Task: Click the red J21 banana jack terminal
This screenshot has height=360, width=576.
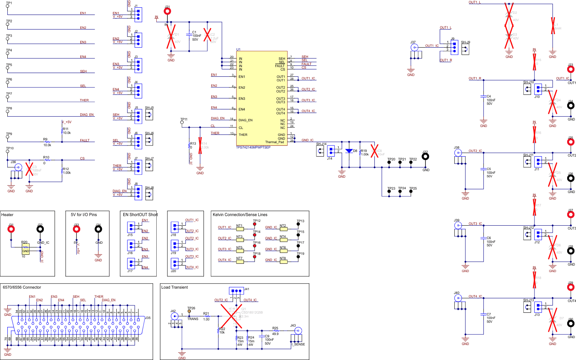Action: coord(167,12)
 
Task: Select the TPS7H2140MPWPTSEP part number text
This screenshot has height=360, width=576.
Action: coord(253,147)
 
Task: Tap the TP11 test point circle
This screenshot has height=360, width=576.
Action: coord(182,123)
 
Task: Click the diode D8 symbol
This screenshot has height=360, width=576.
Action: coord(349,151)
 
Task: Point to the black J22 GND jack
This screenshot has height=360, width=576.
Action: coord(425,157)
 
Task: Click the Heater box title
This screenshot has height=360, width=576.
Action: coord(7,215)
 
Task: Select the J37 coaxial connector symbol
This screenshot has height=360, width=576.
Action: coord(414,47)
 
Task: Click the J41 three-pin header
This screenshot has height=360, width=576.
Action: coord(236,291)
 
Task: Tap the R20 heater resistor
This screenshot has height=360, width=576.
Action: coord(25,249)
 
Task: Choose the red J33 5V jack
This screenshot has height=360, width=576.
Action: coord(76,230)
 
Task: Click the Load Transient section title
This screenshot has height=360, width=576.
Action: coord(175,287)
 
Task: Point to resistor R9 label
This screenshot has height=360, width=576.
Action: coord(45,140)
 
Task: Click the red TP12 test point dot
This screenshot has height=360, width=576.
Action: coord(255,224)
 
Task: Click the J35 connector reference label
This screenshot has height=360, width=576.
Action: coord(147,318)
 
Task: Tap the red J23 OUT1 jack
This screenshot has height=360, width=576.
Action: coord(571,70)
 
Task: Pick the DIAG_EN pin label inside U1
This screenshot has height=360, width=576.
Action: coord(245,120)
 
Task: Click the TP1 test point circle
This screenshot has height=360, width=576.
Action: coord(7,7)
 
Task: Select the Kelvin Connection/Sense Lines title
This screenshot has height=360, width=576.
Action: coord(240,215)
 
